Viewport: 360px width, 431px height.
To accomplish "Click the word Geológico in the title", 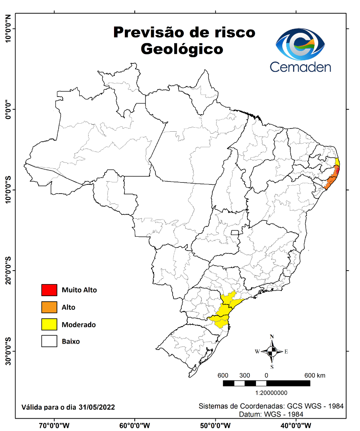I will tap(182, 49).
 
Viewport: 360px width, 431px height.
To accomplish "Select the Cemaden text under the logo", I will tap(300, 66).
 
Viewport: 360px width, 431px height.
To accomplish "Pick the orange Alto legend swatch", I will tap(49, 307).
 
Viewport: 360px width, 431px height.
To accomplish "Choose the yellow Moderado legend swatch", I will tap(49, 324).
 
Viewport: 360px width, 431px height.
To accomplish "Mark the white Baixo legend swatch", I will tap(49, 342).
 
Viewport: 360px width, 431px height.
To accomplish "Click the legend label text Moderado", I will tap(79, 325).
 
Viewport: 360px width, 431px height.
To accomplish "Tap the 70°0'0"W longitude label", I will tap(55, 425).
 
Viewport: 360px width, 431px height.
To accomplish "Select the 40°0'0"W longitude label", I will tap(296, 425).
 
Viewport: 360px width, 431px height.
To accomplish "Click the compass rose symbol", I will tap(272, 352).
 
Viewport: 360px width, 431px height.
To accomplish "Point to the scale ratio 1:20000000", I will tap(266, 393).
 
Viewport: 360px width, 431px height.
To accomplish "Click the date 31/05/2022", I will tap(97, 407).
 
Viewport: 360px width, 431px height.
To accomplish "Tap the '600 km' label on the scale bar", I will tap(315, 376).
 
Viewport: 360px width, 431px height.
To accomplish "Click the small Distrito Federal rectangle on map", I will tap(235, 233).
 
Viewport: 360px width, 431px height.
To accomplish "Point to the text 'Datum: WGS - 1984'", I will tap(271, 414).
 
